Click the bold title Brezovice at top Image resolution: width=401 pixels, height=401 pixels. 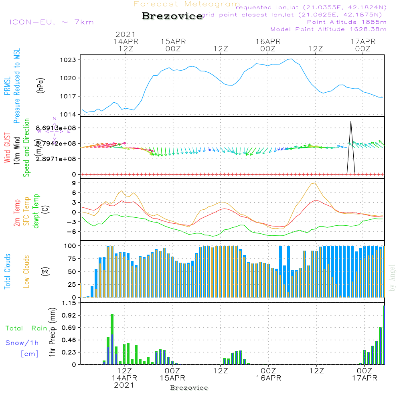pyautogui.click(x=172, y=16)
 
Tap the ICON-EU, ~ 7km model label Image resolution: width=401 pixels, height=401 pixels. pyautogui.click(x=51, y=22)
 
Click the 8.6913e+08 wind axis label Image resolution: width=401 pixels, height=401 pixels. pyautogui.click(x=59, y=128)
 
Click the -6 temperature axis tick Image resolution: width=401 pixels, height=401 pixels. pyautogui.click(x=72, y=232)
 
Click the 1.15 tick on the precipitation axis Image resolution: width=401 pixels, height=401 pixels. pyautogui.click(x=69, y=303)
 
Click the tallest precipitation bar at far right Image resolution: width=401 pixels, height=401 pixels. pyautogui.click(x=384, y=335)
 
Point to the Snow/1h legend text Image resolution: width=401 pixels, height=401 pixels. pyautogui.click(x=22, y=343)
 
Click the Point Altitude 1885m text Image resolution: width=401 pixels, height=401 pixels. pyautogui.click(x=346, y=22)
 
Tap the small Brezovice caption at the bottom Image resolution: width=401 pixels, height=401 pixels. pyautogui.click(x=189, y=388)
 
